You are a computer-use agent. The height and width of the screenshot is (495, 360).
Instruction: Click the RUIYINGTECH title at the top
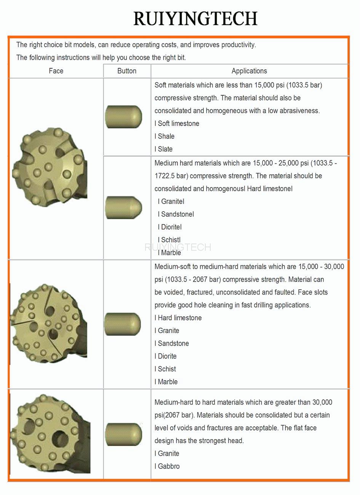[195, 19]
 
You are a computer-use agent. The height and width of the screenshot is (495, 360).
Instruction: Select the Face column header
[56, 71]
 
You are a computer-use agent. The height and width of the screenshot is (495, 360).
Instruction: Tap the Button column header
[127, 71]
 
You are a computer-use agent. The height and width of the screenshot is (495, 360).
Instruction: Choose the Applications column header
[249, 71]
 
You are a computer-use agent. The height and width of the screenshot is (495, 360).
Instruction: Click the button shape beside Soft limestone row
[123, 117]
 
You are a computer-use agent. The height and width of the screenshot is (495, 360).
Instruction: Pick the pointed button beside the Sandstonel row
[123, 208]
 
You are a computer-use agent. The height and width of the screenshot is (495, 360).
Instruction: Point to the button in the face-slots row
[123, 324]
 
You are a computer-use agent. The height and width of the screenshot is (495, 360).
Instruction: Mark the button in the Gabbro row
[123, 434]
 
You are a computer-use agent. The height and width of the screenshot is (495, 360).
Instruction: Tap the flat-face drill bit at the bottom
[50, 434]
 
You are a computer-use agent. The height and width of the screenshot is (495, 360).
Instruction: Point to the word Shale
[166, 136]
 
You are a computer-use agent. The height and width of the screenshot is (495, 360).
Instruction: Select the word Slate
[165, 149]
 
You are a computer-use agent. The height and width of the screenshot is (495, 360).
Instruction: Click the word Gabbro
[169, 466]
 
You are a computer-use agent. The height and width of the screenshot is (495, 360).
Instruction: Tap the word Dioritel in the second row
[171, 227]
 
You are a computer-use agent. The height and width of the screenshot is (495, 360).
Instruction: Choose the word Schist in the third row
[167, 369]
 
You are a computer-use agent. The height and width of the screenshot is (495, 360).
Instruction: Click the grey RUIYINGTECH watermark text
[178, 247]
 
